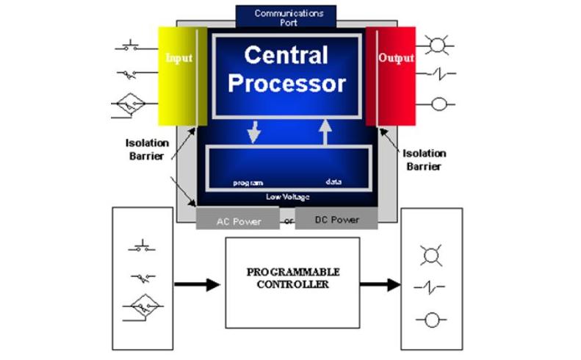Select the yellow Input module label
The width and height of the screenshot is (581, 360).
point(178,57)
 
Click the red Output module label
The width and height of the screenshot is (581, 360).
point(396,57)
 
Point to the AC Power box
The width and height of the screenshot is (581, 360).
point(238,220)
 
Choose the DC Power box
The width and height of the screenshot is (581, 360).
point(336,219)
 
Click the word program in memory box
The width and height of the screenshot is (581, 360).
point(248,181)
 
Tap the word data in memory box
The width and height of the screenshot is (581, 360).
point(333,181)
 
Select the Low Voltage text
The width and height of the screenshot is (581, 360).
point(287,196)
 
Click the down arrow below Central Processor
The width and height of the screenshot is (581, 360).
point(254,133)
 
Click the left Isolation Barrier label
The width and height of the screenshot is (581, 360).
point(147,149)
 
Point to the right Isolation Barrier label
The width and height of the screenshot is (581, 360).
point(425,159)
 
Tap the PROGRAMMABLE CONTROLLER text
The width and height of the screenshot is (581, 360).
point(292,278)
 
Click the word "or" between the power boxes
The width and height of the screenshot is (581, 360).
point(288,221)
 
